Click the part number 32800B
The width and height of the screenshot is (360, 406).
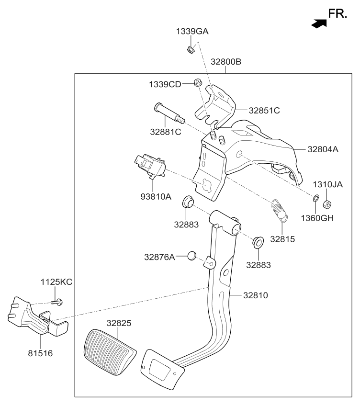point(225,62)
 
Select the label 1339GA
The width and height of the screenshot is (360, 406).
point(192,32)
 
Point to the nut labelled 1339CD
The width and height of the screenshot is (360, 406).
point(196,84)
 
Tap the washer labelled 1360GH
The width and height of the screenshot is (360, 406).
point(316,198)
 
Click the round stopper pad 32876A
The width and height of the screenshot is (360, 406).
point(192,256)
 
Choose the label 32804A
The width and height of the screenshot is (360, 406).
point(323,149)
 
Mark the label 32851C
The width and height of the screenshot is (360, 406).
point(264,111)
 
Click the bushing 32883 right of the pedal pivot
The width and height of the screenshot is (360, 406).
point(259,242)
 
